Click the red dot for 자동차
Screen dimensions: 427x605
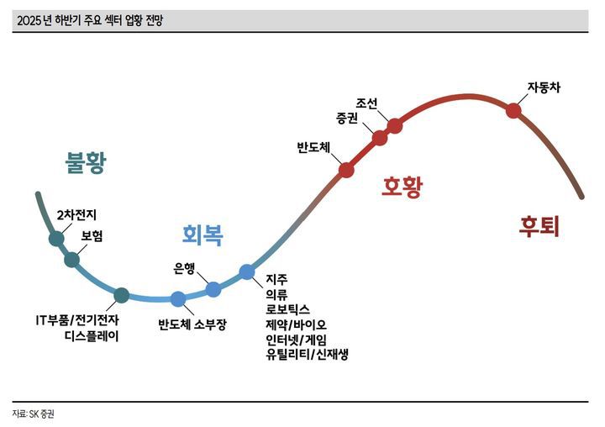tap(513, 109)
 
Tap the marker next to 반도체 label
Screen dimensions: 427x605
tap(345, 170)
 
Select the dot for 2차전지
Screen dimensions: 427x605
tap(56, 239)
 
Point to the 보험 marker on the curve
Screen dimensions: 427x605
tap(72, 260)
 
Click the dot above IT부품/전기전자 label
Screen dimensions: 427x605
tap(121, 294)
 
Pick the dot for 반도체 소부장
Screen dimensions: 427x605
tap(178, 298)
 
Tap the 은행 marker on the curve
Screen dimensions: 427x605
tap(213, 289)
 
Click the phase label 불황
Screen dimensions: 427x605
tap(86, 163)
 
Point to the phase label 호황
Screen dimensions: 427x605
tap(402, 187)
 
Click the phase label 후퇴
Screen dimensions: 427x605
tap(539, 227)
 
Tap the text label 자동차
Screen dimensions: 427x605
tap(543, 87)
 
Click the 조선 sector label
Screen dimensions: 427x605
tap(367, 103)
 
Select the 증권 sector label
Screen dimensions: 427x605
tap(347, 118)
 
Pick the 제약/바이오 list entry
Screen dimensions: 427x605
tap(296, 324)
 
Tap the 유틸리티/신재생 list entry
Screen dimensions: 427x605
tap(306, 354)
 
